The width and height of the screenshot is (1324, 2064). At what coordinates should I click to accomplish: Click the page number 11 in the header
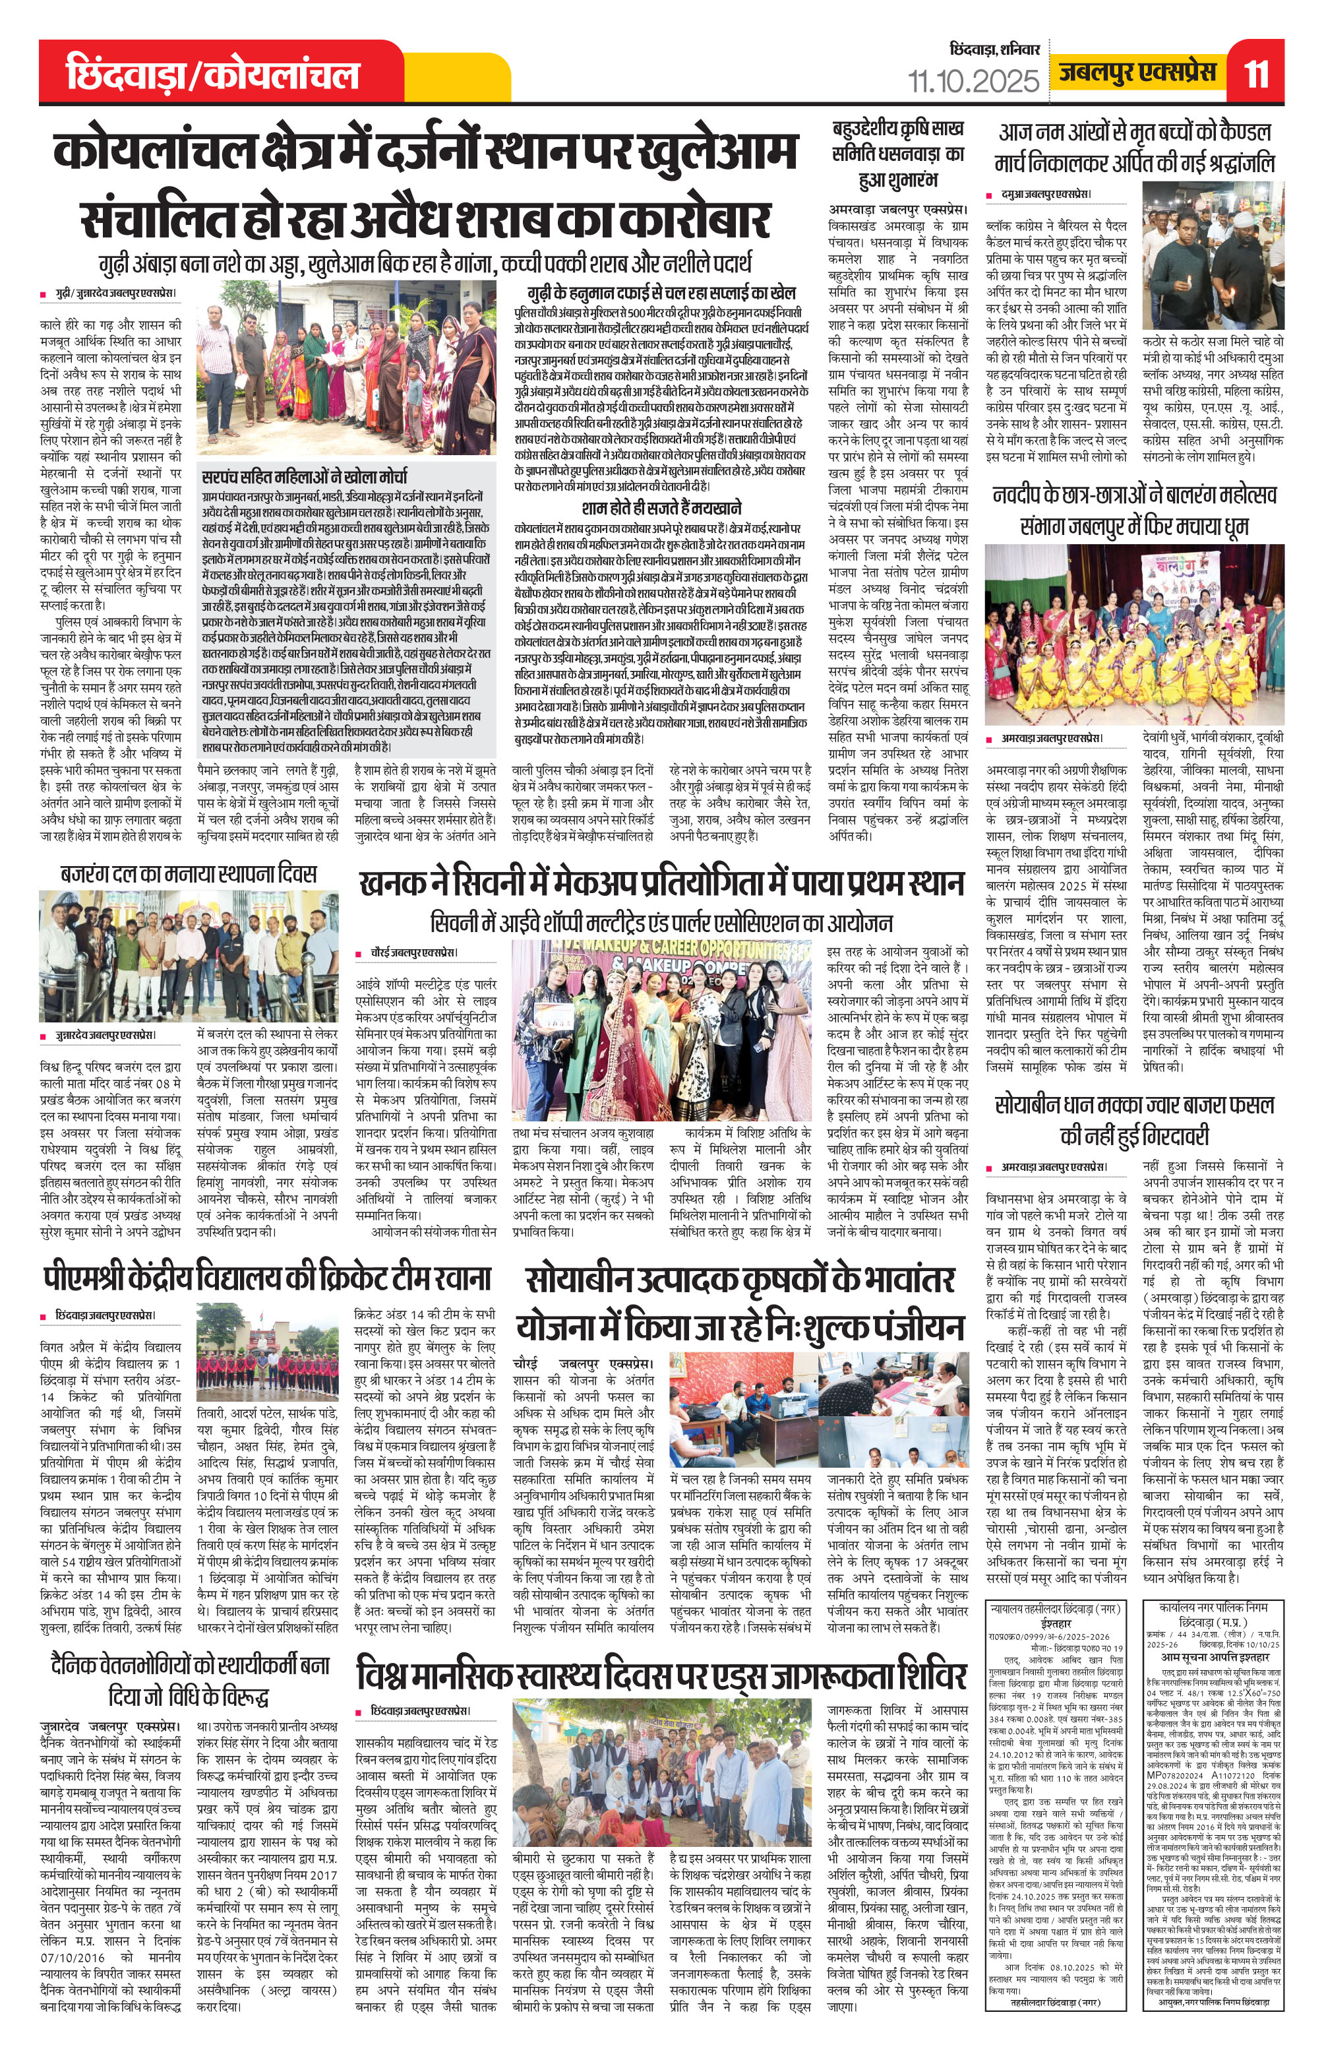tap(1256, 73)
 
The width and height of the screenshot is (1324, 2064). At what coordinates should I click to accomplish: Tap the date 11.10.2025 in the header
tap(973, 82)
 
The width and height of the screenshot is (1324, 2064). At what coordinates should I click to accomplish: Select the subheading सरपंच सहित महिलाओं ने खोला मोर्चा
tap(305, 476)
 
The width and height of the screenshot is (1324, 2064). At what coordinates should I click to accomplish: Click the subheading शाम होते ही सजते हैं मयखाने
tap(661, 507)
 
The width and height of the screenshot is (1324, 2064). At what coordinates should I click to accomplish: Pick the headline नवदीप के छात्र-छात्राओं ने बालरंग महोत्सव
tap(1134, 509)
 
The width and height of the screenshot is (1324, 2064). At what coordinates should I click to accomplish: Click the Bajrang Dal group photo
tap(189, 955)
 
